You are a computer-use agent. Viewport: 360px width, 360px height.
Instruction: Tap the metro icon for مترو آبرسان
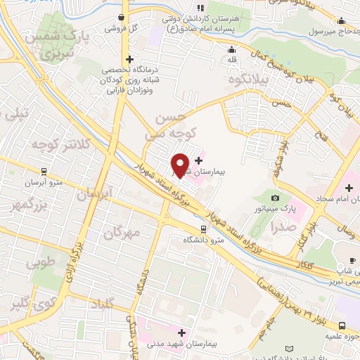click(44, 171)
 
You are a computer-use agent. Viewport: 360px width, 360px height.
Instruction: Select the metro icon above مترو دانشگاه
click(203, 229)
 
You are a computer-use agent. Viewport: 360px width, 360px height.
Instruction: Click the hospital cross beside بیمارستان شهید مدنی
click(182, 333)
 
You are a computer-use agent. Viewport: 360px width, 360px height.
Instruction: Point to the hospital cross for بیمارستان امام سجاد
click(349, 188)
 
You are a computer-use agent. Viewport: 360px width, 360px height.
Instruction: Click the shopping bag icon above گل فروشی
click(122, 18)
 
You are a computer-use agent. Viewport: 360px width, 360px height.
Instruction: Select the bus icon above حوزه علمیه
click(342, 326)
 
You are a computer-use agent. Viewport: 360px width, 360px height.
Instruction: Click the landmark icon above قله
click(231, 49)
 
